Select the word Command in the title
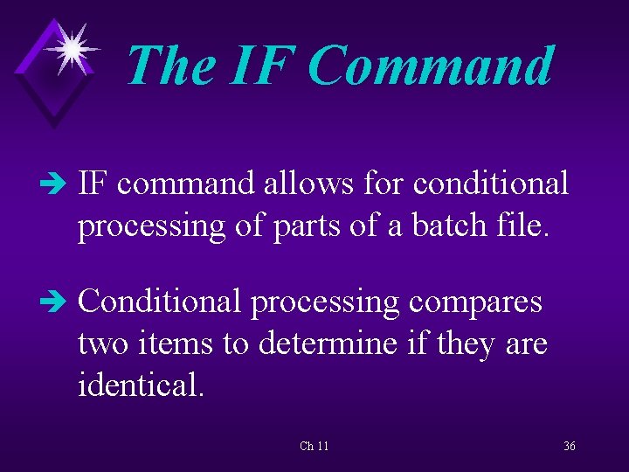[431, 66]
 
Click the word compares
[476, 302]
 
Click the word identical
[141, 385]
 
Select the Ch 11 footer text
[314, 447]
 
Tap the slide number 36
[569, 447]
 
